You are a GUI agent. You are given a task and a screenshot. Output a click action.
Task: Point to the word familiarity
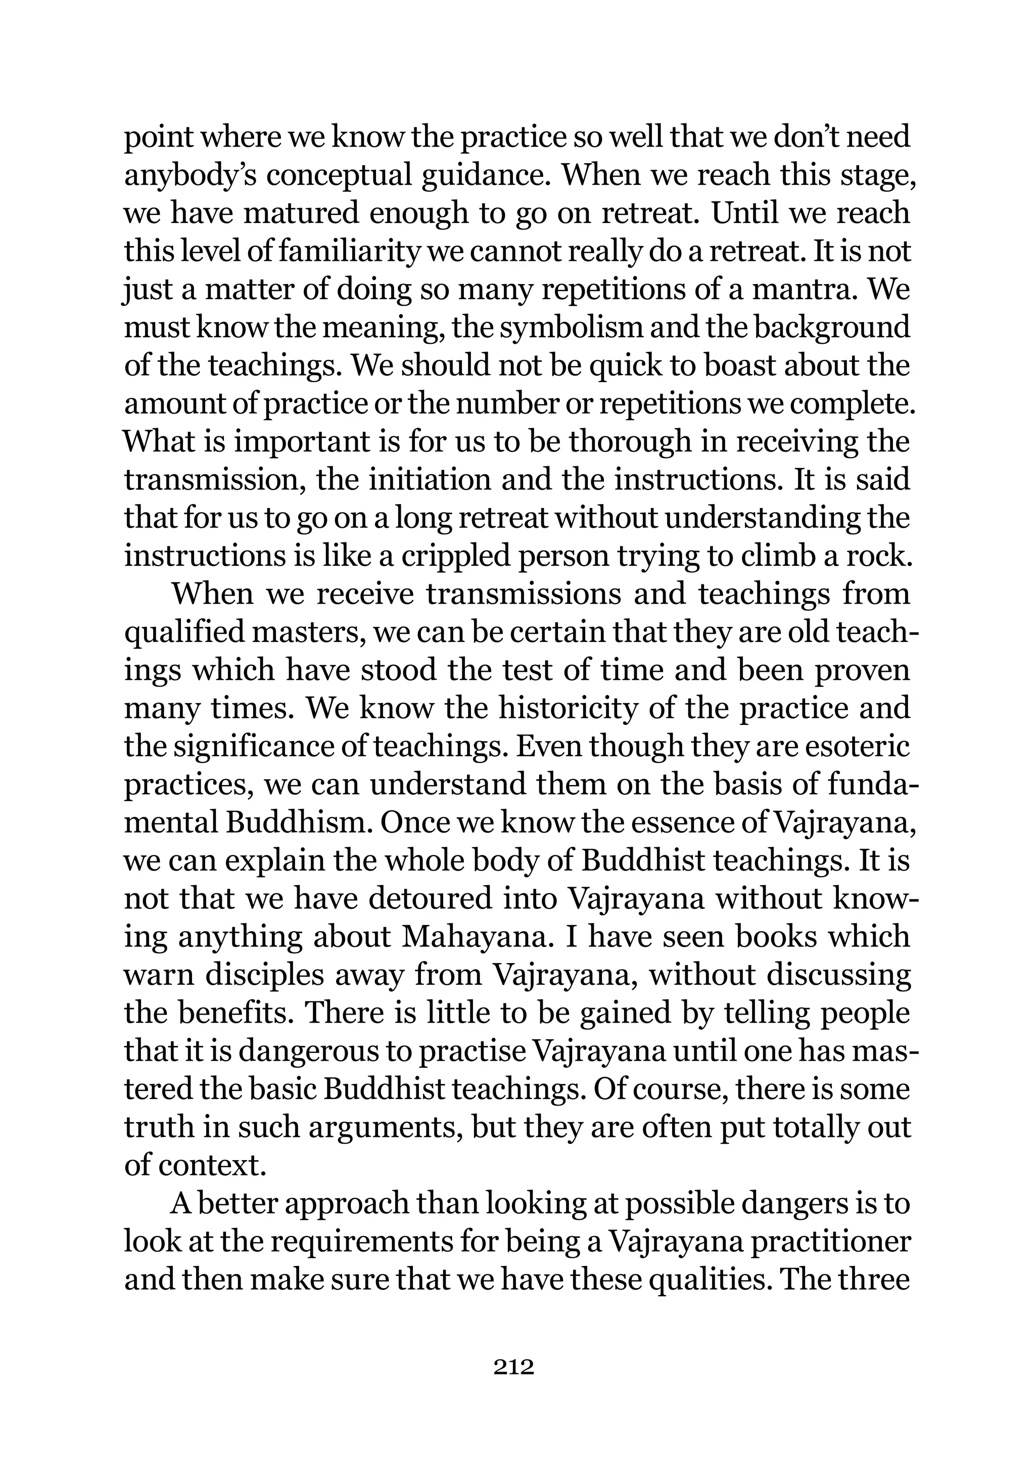[347, 251]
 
